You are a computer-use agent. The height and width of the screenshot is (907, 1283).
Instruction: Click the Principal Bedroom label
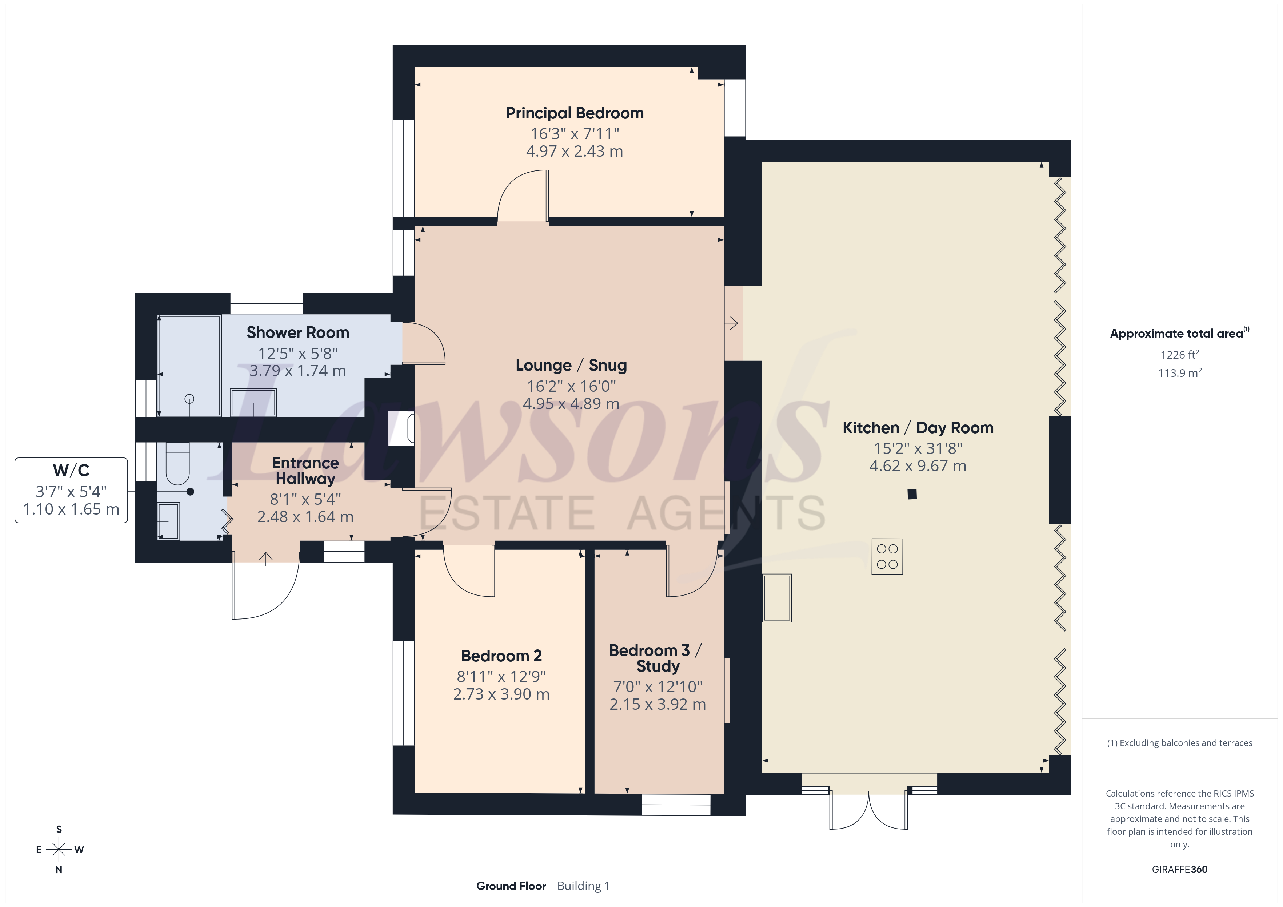[575, 113]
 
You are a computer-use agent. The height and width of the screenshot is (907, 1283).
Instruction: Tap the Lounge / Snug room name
[571, 365]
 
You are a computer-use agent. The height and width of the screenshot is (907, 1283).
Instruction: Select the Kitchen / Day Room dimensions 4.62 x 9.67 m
[918, 466]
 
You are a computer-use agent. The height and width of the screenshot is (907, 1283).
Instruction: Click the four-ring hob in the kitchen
[887, 556]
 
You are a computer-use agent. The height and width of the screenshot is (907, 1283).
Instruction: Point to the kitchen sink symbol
[777, 598]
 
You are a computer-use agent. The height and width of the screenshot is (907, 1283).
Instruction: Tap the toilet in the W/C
[178, 464]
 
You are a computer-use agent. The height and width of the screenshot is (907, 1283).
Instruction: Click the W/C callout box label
[71, 470]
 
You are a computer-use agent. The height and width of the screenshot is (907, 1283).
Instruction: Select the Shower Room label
[298, 333]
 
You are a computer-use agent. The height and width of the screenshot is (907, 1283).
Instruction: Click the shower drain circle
[189, 399]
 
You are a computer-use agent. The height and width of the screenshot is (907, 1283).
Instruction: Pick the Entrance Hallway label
[306, 471]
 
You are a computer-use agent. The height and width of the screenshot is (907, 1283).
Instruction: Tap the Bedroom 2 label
[501, 656]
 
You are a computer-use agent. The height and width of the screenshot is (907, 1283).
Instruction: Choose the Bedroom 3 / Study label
[656, 658]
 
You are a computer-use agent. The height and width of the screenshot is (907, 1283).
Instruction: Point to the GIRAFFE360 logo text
[1180, 870]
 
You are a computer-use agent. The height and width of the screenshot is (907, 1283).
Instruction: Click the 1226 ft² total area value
[1180, 355]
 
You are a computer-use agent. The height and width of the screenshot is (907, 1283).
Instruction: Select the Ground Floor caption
[511, 886]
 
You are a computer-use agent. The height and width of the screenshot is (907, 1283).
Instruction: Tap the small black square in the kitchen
[912, 494]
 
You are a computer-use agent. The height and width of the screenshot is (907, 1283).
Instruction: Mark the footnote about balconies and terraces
[1180, 743]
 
